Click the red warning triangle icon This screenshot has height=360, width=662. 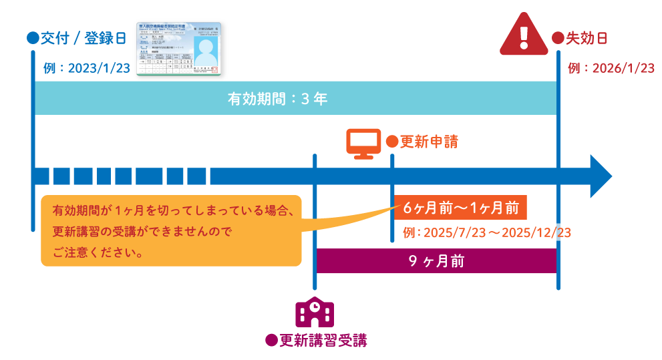tap(524, 35)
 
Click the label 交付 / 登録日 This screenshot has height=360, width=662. tap(83, 38)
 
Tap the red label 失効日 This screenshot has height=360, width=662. tap(587, 38)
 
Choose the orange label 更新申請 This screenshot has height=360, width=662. tap(429, 142)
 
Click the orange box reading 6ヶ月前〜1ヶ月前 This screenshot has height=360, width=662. tap(461, 208)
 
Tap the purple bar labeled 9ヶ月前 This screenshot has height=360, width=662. tap(436, 261)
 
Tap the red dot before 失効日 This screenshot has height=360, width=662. tap(557, 38)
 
